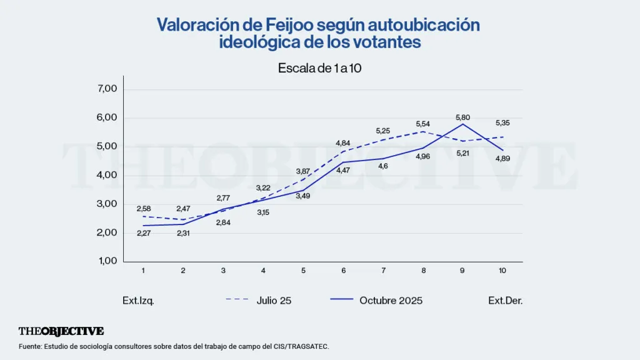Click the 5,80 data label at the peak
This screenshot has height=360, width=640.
point(463,117)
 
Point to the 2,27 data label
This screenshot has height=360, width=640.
point(143,234)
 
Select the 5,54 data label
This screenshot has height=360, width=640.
point(423,124)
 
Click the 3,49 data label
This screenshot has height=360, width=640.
point(303,196)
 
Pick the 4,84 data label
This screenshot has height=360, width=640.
point(343,143)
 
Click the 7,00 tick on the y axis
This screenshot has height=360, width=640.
point(108,89)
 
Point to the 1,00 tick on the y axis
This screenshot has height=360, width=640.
point(108,261)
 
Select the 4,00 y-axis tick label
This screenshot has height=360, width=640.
point(108,175)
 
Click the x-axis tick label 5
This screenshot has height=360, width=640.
point(303,271)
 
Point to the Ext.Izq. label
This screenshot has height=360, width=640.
point(138,301)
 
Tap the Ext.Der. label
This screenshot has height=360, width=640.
point(505,301)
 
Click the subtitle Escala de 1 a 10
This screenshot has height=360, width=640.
point(320,69)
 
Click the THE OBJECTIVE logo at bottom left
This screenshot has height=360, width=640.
point(61,331)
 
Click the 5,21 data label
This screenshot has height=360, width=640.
point(463,152)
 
